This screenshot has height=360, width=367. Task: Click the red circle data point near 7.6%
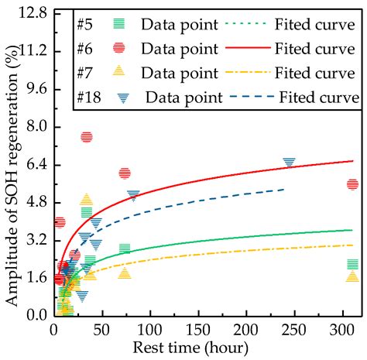pyautogui.click(x=86, y=137)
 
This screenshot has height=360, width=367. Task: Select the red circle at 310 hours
pyautogui.click(x=352, y=183)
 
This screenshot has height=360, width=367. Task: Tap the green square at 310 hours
pyautogui.click(x=352, y=265)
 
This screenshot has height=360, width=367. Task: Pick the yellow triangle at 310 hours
pyautogui.click(x=352, y=276)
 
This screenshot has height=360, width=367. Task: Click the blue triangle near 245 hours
pyautogui.click(x=289, y=163)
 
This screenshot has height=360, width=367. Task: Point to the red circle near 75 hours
pyautogui.click(x=125, y=173)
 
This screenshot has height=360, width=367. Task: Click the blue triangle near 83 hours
pyautogui.click(x=133, y=196)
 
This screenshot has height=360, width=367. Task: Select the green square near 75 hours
pyautogui.click(x=125, y=249)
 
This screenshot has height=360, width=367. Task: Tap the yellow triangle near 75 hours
pyautogui.click(x=125, y=273)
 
